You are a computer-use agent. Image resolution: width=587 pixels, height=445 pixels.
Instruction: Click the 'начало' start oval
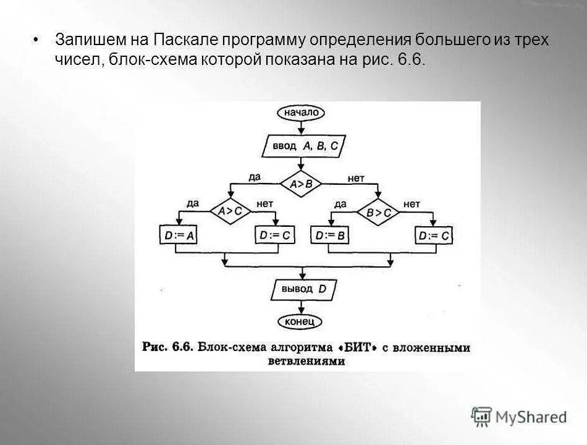click(301, 112)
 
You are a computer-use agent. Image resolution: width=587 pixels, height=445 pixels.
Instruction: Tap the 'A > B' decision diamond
click(300, 183)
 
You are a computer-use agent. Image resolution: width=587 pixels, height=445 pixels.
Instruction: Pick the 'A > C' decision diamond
click(230, 211)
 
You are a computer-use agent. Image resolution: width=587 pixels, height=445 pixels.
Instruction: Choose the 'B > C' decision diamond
click(378, 212)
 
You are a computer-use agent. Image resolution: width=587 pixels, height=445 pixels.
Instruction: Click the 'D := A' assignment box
click(177, 235)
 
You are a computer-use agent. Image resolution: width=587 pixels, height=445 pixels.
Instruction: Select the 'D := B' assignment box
click(329, 235)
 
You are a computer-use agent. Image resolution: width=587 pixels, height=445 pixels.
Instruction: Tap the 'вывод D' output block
click(300, 289)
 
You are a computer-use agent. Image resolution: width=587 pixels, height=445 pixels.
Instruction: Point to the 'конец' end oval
click(300, 321)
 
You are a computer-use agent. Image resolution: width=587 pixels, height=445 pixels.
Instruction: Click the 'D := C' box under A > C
click(275, 235)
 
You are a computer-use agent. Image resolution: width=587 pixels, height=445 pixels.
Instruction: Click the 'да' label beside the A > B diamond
click(255, 177)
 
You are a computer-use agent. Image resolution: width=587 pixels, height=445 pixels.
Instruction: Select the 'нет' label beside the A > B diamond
click(356, 178)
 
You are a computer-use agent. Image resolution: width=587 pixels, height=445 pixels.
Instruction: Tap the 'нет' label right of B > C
click(412, 203)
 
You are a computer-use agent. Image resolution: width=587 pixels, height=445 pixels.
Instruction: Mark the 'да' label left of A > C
click(193, 203)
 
